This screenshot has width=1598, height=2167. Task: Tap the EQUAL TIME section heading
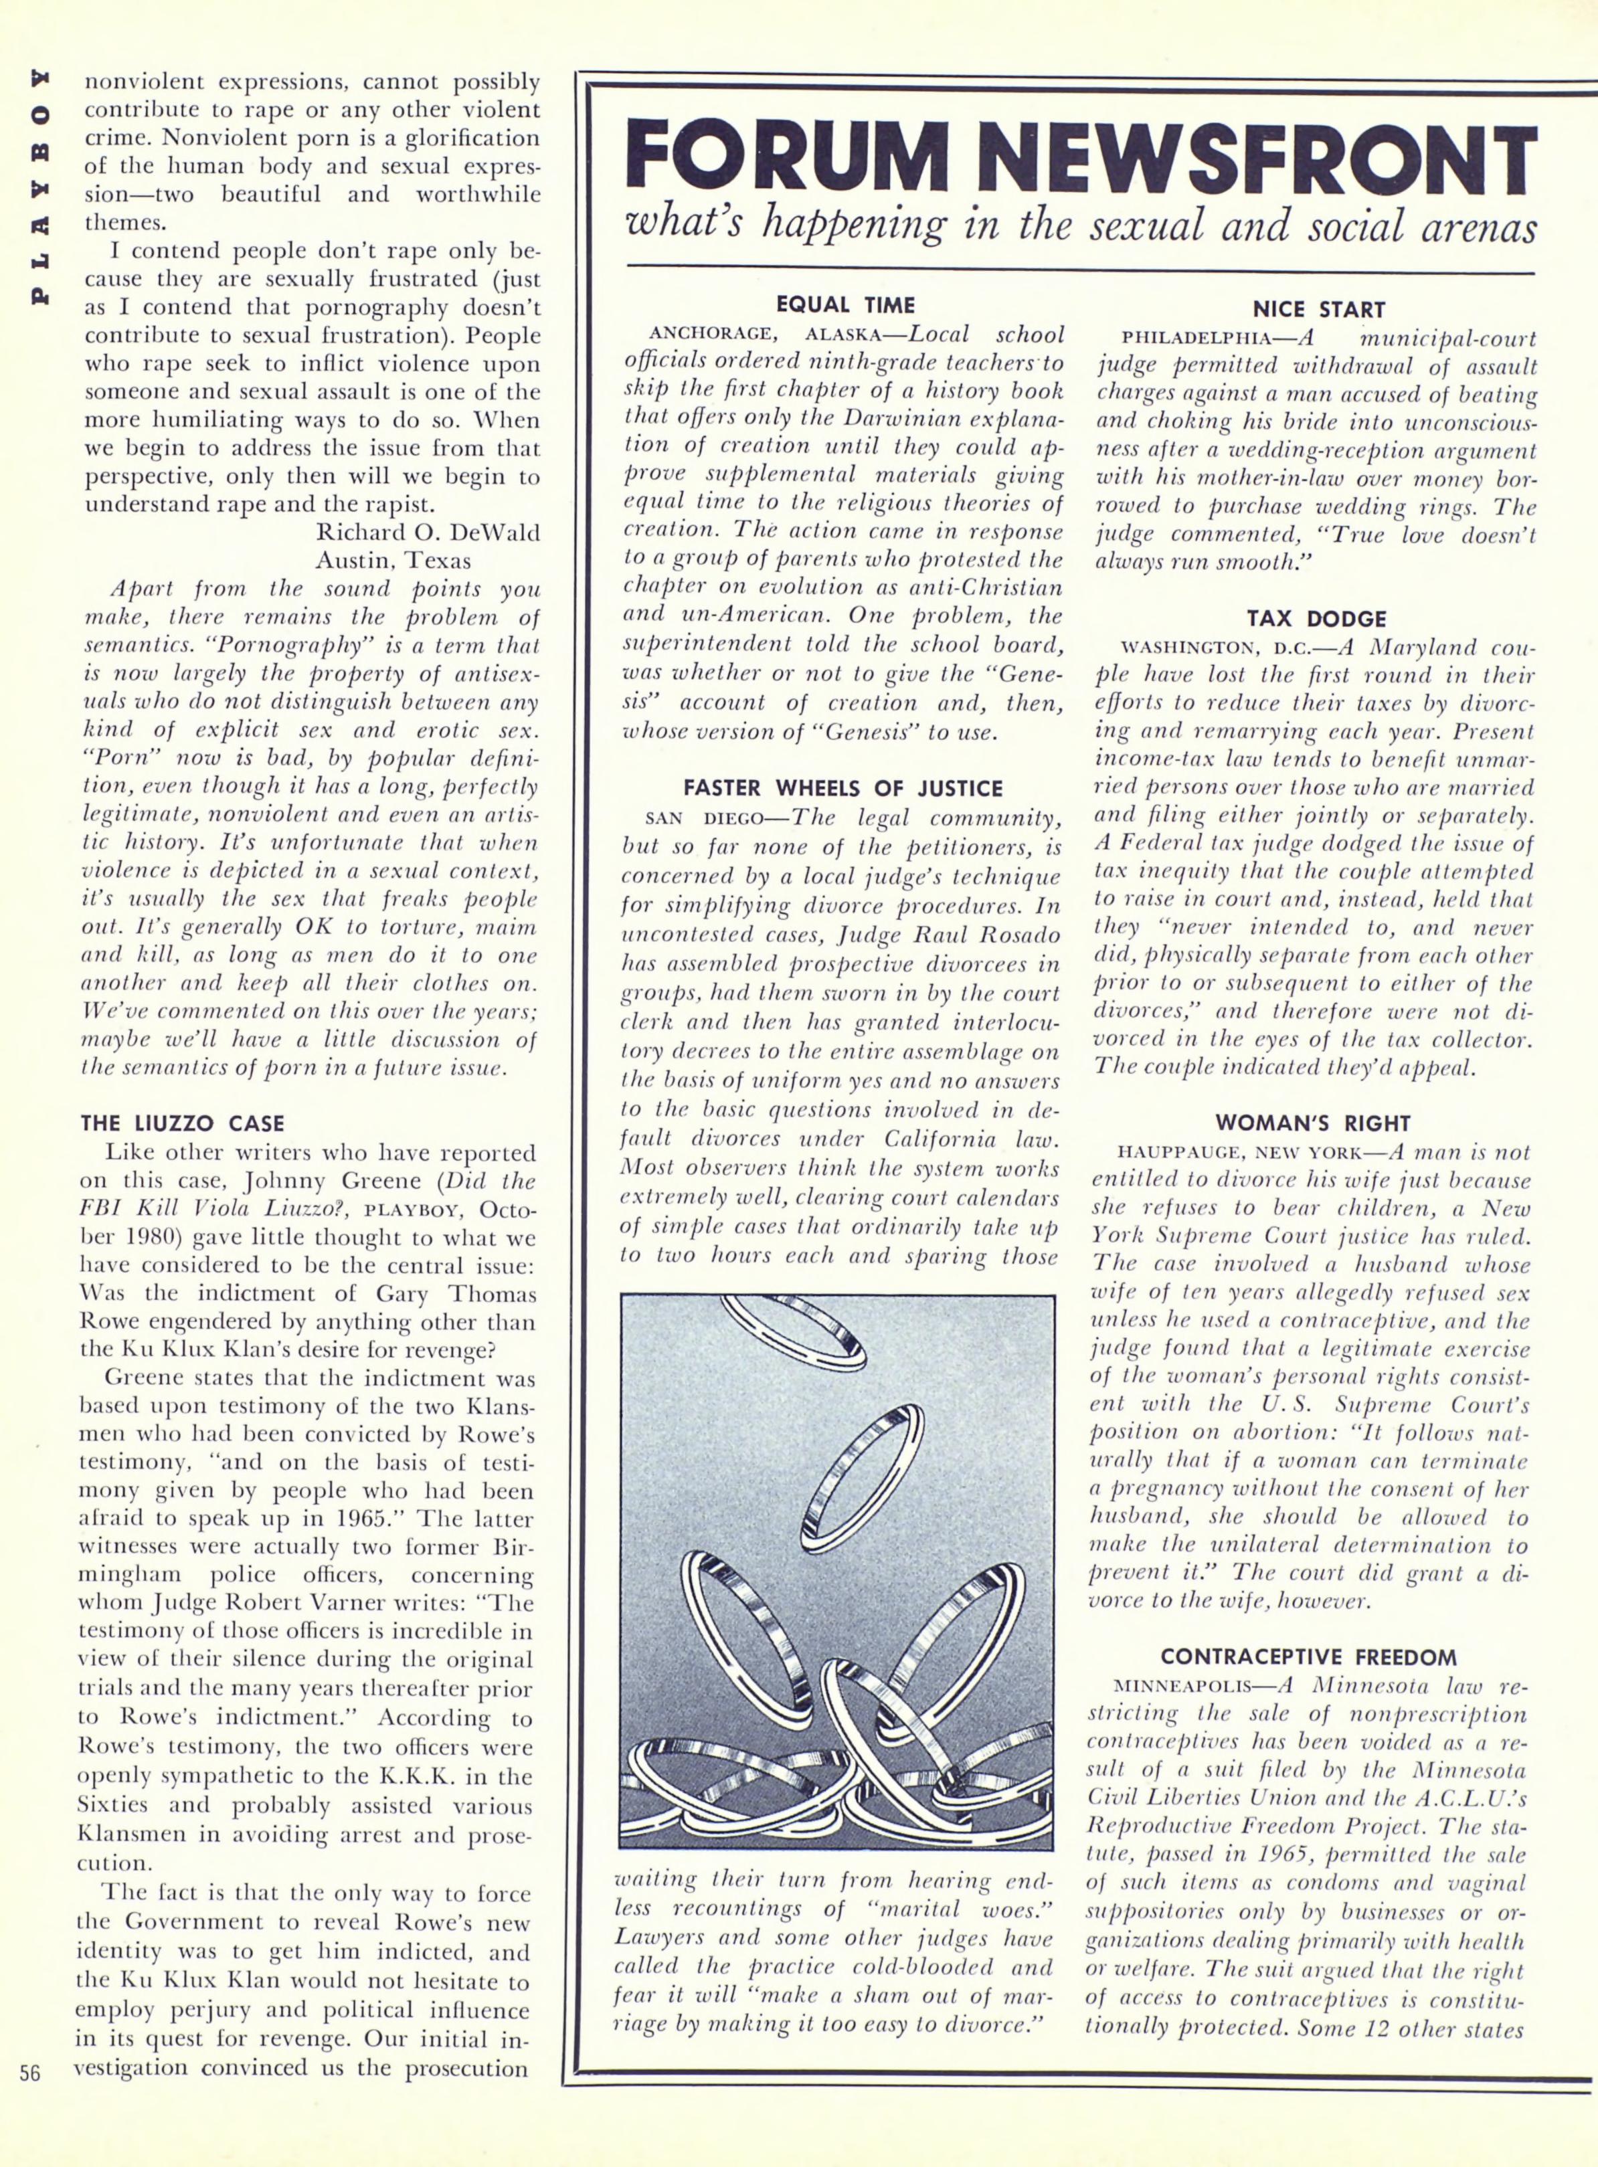tap(845, 306)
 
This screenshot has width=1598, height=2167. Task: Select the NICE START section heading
tap(1318, 310)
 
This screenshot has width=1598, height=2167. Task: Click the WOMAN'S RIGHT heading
tap(1313, 1123)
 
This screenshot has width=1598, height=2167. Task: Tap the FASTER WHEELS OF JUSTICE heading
tap(843, 788)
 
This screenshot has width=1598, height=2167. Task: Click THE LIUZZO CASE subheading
tap(183, 1123)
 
